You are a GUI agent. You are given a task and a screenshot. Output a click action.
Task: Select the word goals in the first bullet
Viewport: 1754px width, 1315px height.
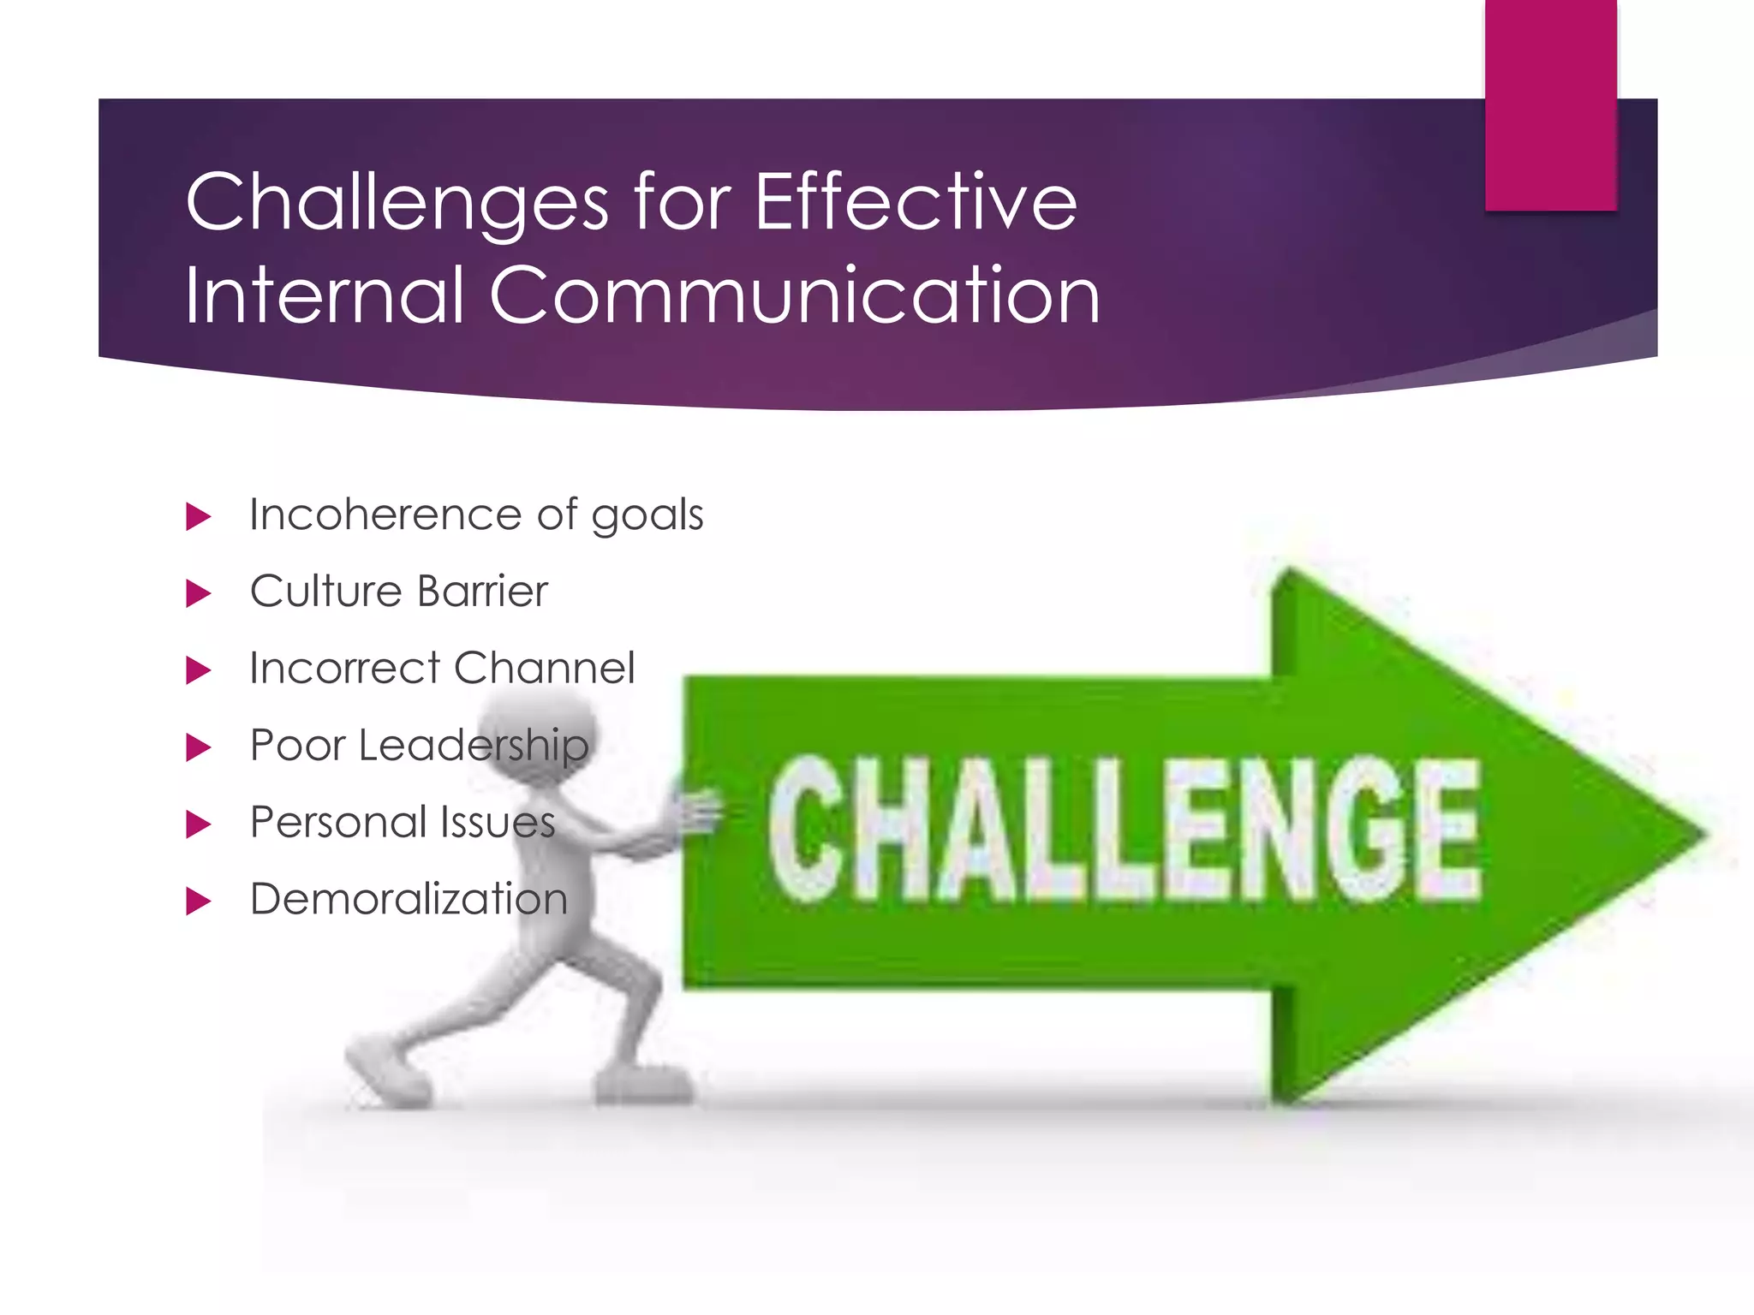(x=647, y=516)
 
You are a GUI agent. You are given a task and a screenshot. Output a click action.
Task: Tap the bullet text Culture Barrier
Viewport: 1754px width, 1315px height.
(x=398, y=592)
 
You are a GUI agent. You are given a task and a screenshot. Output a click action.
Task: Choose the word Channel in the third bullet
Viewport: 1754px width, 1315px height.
(x=544, y=668)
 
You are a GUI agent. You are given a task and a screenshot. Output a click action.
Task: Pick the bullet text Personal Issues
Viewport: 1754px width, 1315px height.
(x=403, y=822)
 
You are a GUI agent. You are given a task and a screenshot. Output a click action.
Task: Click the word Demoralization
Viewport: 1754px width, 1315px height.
(x=409, y=899)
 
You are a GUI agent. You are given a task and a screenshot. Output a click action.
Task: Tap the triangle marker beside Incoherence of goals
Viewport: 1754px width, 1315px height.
(x=198, y=516)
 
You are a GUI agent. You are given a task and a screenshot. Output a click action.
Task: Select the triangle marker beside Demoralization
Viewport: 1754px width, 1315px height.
(x=198, y=901)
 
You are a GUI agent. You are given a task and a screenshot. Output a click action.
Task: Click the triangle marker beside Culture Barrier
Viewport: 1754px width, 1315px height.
(x=198, y=593)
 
